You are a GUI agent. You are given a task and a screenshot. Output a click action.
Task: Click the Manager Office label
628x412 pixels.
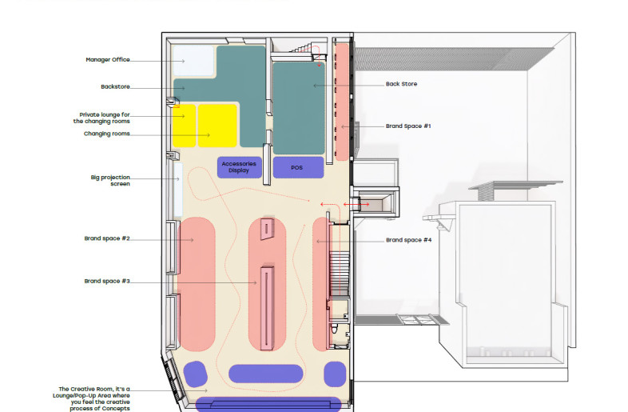(108, 60)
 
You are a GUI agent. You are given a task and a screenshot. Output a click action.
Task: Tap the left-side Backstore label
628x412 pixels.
(115, 86)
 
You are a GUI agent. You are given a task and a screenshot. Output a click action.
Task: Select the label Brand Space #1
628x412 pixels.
(408, 126)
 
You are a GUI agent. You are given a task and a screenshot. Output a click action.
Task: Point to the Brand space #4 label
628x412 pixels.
(408, 240)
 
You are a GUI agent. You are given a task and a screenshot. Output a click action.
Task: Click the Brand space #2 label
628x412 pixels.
(107, 238)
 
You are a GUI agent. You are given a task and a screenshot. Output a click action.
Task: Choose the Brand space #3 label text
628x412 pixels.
(107, 282)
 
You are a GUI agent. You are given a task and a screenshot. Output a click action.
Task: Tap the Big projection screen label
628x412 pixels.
(110, 181)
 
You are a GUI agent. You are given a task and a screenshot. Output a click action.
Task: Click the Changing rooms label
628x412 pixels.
(106, 134)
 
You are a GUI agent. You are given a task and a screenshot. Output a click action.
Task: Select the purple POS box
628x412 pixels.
(298, 167)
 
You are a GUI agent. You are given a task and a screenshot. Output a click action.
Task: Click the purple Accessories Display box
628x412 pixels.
(240, 167)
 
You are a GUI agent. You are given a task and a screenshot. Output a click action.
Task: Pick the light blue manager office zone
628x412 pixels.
(193, 61)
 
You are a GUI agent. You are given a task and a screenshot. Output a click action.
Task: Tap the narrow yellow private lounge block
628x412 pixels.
(185, 126)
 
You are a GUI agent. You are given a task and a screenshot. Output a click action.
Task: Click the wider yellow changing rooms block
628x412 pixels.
(217, 126)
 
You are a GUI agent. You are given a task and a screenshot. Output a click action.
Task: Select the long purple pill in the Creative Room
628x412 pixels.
(265, 374)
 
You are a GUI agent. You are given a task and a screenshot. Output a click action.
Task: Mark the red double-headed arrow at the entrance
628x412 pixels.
(356, 205)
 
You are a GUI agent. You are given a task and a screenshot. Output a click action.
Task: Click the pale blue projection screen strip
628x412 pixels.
(178, 190)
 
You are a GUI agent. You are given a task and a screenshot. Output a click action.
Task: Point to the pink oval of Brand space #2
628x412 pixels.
(197, 284)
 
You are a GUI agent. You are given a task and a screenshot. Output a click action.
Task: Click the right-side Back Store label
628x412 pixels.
(401, 84)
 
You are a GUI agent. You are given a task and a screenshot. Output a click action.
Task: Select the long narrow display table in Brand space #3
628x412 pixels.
(266, 308)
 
